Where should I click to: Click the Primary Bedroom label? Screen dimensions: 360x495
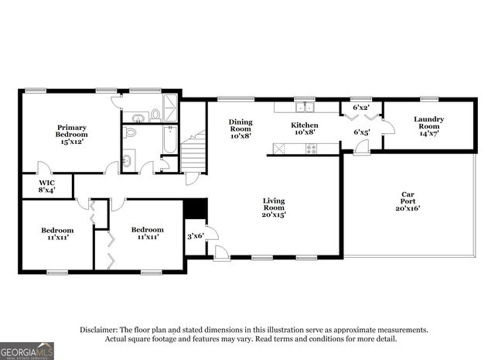point(70,132)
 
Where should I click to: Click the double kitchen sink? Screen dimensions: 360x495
point(307,107)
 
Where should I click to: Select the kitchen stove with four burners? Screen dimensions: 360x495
point(311,149)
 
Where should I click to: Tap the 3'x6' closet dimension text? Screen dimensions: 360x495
point(195,235)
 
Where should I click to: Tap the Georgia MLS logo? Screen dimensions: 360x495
point(27,351)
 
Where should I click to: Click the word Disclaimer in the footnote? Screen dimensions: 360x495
point(100,330)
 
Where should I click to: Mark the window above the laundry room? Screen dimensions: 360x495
point(428,98)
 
